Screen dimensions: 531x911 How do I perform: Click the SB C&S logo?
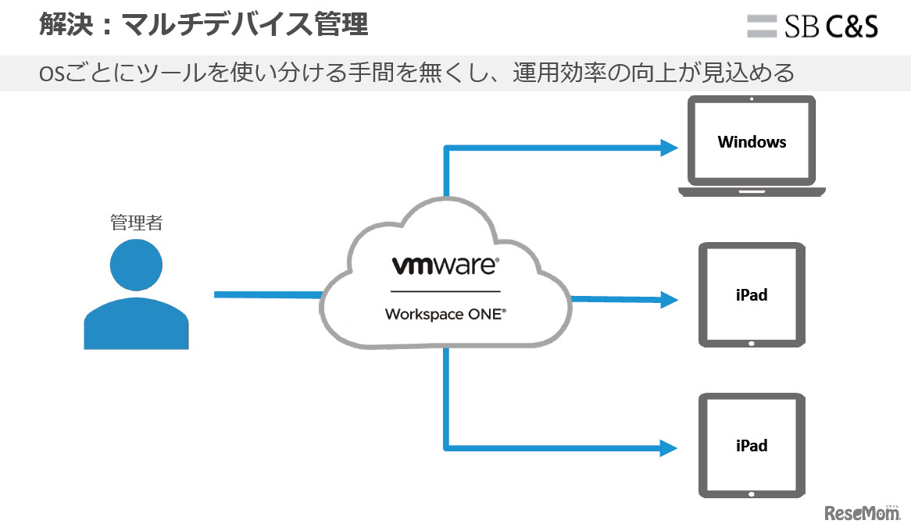point(813,26)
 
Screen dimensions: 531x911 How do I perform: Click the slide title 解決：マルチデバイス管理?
point(203,25)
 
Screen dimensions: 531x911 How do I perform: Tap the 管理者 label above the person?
point(136,223)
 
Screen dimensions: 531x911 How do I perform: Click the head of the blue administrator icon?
point(136,265)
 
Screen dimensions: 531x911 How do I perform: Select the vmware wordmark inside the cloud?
point(444,265)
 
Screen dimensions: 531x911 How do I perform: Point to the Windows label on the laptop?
point(752,141)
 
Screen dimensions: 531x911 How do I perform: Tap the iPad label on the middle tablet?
point(751,295)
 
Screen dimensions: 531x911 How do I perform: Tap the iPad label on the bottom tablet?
point(751,446)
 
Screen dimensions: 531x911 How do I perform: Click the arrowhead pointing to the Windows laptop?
point(668,148)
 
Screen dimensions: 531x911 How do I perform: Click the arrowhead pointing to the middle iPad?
point(668,299)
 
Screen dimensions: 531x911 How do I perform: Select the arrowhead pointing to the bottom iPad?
point(668,448)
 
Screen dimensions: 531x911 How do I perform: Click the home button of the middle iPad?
point(752,343)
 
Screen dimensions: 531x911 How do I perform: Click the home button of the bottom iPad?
point(752,494)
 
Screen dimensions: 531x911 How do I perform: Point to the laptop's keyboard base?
point(752,191)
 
